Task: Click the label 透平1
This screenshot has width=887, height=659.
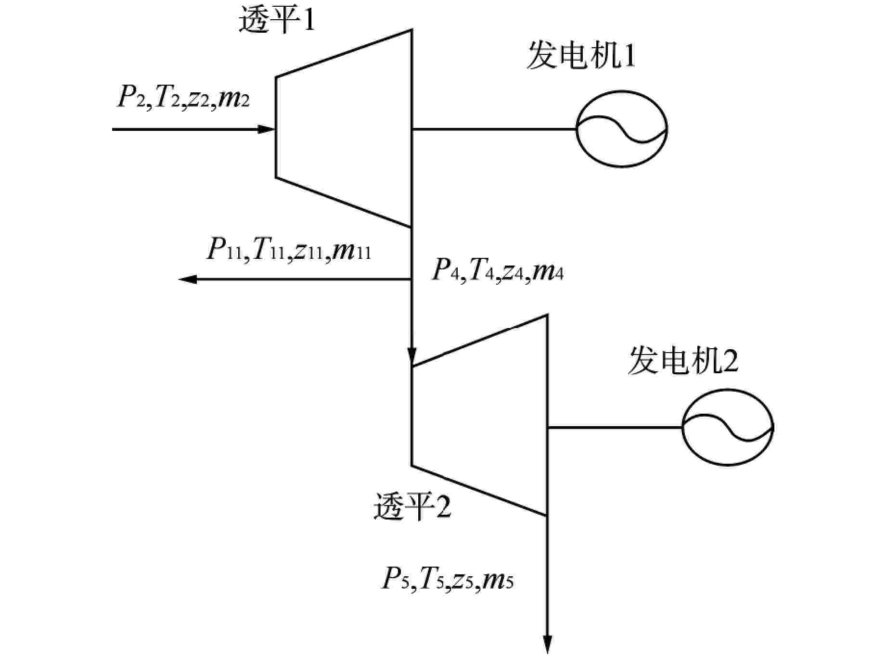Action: coord(277,20)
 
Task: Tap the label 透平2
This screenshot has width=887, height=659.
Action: coord(412,507)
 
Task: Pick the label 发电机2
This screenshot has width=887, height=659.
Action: coord(683,362)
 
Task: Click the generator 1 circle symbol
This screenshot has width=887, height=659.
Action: coord(622,129)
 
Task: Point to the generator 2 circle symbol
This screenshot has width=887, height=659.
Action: coord(727,427)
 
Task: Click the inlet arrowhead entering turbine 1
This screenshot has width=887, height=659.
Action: coord(266,129)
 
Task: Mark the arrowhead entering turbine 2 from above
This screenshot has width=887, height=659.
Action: coord(411,356)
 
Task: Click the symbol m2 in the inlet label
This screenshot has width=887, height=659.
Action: coord(234,100)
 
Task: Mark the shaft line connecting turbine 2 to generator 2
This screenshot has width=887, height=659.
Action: coord(615,427)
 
